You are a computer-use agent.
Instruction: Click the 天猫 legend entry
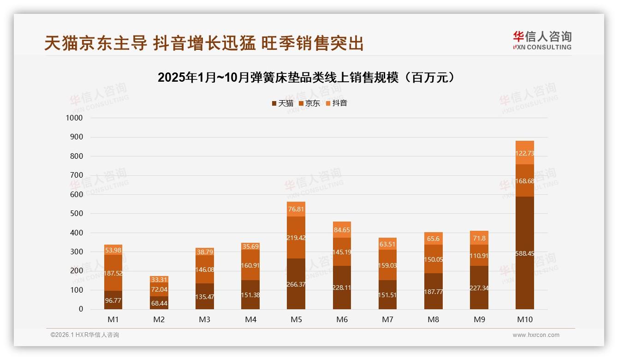click(x=283, y=103)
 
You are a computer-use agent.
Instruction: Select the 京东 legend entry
click(x=309, y=103)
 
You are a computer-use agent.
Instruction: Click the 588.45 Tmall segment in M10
click(x=525, y=253)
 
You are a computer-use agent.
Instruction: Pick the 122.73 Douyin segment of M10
click(x=525, y=153)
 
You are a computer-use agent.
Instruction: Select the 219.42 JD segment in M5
click(x=296, y=238)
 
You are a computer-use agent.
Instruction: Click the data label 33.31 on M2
click(x=159, y=279)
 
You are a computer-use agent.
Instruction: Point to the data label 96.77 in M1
click(x=113, y=300)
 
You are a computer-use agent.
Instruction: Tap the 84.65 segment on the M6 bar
click(x=342, y=229)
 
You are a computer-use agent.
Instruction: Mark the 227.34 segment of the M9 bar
click(x=479, y=288)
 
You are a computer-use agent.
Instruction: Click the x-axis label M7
click(x=387, y=319)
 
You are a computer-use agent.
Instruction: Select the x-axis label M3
click(x=205, y=319)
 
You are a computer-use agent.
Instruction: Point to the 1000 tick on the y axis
click(x=74, y=118)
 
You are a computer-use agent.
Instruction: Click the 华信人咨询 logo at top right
click(x=542, y=41)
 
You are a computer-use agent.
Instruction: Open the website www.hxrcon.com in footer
click(x=536, y=335)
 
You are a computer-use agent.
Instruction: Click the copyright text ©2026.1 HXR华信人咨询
click(x=85, y=335)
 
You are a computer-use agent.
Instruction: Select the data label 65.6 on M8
click(x=434, y=239)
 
